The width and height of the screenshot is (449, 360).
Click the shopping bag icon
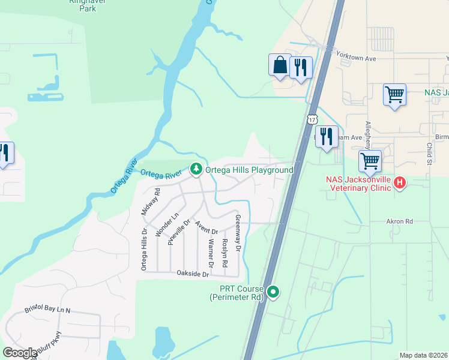click(280, 65)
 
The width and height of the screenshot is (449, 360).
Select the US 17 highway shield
click(312, 119)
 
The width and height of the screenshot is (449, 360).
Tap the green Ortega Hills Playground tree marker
click(196, 170)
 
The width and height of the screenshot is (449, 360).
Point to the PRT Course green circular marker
click(273, 292)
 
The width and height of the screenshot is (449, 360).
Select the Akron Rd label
click(400, 221)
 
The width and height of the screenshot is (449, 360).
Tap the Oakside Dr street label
click(192, 274)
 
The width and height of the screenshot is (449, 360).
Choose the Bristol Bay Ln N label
click(47, 310)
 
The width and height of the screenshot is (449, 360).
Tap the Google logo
click(20, 353)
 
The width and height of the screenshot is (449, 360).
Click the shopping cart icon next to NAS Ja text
click(394, 94)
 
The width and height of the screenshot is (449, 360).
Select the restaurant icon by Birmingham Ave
click(326, 136)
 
